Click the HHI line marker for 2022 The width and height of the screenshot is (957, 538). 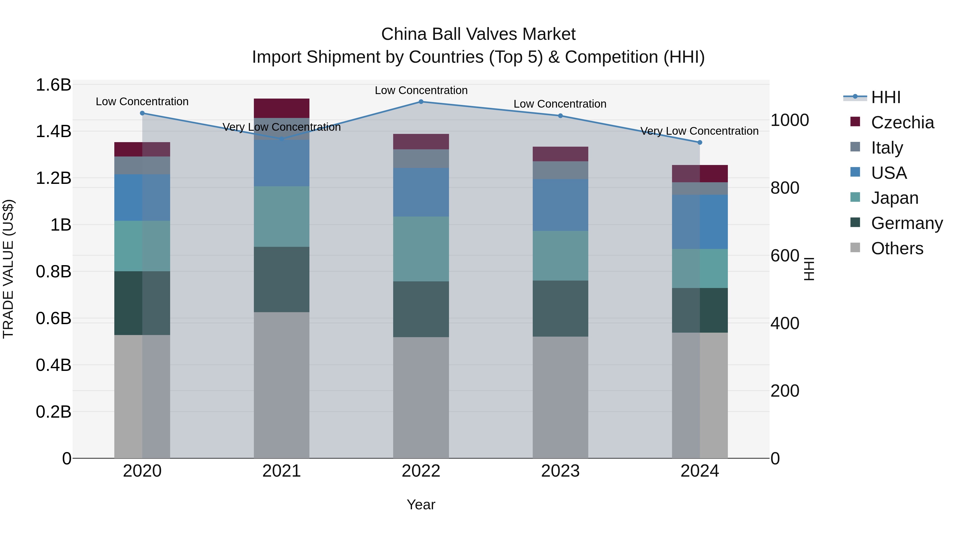pos(421,101)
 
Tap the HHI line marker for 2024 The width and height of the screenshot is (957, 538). pos(700,142)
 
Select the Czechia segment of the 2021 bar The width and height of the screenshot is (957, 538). pos(281,108)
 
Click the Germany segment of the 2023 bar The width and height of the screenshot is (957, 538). pos(560,308)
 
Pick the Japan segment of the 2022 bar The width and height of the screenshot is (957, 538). pos(421,249)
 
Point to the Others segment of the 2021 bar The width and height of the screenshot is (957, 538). pos(281,385)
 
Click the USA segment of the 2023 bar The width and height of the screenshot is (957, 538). pos(560,205)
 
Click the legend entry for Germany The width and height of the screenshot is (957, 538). pos(906,223)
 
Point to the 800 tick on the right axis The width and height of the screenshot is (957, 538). pos(785,188)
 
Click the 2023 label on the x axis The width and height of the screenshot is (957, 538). pos(560,471)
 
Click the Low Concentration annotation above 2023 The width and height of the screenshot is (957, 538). pos(560,104)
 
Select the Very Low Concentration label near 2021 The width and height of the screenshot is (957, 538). pos(281,127)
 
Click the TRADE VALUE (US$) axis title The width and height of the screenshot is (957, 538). pos(8,269)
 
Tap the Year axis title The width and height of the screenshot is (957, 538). pos(421,505)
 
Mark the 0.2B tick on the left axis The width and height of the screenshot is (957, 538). pos(53,412)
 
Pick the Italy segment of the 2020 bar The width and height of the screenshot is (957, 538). pos(142,165)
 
